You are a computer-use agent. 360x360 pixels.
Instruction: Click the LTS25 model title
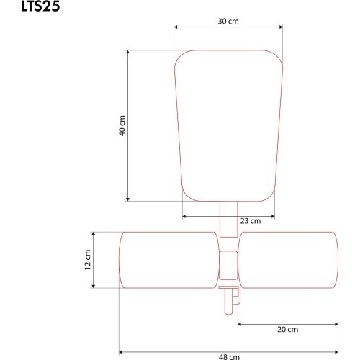pyautogui.click(x=40, y=6)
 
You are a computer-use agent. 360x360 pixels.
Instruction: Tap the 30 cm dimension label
pyautogui.click(x=228, y=21)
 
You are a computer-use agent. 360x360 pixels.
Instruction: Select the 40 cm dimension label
pyautogui.click(x=122, y=126)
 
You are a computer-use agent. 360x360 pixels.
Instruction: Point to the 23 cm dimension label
pyautogui.click(x=251, y=221)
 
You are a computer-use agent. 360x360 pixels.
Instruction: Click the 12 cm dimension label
pyautogui.click(x=88, y=260)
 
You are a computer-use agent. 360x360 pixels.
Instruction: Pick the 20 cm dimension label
pyautogui.click(x=288, y=329)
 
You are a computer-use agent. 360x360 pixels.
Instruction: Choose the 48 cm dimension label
pyautogui.click(x=229, y=357)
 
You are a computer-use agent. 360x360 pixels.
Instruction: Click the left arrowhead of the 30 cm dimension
pyautogui.click(x=176, y=27)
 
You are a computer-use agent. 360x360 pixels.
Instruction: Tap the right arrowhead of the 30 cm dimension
pyautogui.click(x=281, y=27)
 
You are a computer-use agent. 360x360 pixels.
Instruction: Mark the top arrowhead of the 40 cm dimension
pyautogui.click(x=127, y=52)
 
